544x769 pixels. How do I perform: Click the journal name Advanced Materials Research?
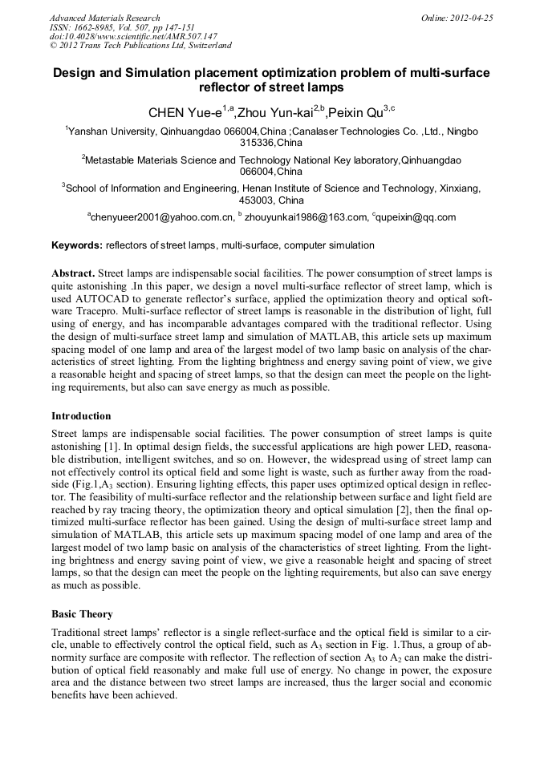tap(104, 18)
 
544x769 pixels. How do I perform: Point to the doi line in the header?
tap(133, 36)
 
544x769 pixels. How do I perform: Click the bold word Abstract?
tap(73, 273)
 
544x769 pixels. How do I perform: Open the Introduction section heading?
tap(81, 416)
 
